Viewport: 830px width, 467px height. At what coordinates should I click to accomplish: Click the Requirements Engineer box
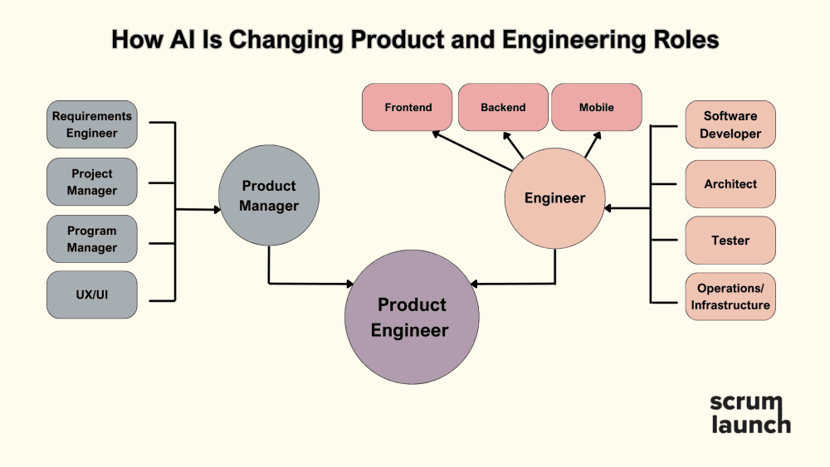pos(91,124)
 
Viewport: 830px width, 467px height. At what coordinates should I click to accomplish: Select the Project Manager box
pos(91,182)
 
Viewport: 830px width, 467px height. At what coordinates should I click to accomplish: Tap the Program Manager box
pos(91,239)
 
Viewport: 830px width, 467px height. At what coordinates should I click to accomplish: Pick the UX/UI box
pos(91,294)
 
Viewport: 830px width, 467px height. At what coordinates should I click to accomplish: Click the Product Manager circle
pos(269,195)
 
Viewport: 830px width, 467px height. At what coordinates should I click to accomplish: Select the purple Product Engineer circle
pos(412,317)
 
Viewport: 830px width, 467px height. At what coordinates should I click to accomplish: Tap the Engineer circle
pos(554,197)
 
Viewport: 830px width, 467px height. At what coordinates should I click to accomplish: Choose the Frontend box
pos(407,107)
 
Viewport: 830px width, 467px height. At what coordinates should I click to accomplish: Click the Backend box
pos(503,107)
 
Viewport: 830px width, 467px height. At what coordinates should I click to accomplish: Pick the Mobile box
pos(597,107)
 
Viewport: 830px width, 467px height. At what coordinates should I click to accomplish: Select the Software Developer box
pos(730,124)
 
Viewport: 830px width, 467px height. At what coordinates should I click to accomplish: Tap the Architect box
pos(730,184)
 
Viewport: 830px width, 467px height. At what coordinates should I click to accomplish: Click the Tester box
pos(730,240)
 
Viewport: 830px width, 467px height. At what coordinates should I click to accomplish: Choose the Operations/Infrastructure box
pos(730,296)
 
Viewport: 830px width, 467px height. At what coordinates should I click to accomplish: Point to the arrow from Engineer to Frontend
pos(472,151)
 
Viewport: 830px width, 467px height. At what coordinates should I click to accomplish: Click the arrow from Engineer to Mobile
pos(593,144)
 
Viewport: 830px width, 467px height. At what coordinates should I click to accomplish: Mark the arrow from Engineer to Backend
pos(513,145)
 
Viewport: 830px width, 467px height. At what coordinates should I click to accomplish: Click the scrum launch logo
pos(750,414)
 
